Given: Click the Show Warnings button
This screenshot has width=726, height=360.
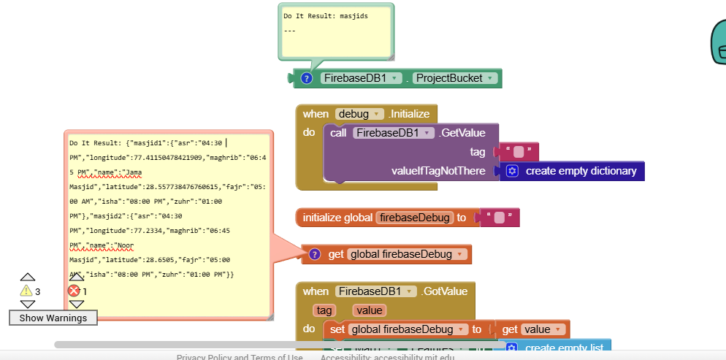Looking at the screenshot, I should pyautogui.click(x=53, y=318).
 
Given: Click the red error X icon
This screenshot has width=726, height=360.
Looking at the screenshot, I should pyautogui.click(x=74, y=291).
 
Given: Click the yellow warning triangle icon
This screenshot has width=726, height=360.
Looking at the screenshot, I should pyautogui.click(x=26, y=291).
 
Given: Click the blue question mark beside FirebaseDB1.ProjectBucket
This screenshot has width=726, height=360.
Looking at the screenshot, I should pyautogui.click(x=307, y=78).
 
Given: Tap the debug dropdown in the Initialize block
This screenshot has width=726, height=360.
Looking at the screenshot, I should pyautogui.click(x=359, y=114).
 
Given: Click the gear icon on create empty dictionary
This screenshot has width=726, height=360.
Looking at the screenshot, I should pyautogui.click(x=512, y=171).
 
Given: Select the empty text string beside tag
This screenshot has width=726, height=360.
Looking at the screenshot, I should pyautogui.click(x=518, y=152).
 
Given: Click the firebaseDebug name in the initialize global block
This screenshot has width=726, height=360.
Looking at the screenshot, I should pyautogui.click(x=416, y=218).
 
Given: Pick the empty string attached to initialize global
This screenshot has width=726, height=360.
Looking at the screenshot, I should pyautogui.click(x=499, y=218).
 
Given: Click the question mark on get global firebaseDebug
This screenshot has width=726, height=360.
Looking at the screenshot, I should pyautogui.click(x=315, y=254).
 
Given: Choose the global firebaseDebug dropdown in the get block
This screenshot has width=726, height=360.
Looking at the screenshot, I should pyautogui.click(x=407, y=254).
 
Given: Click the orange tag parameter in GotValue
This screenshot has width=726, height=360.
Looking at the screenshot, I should pyautogui.click(x=321, y=310).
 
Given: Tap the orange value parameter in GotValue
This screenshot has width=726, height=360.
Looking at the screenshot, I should pyautogui.click(x=370, y=310).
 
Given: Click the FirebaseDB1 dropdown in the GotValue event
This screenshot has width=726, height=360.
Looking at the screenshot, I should pyautogui.click(x=376, y=291).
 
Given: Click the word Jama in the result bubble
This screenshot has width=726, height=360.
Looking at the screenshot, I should pyautogui.click(x=134, y=172).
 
